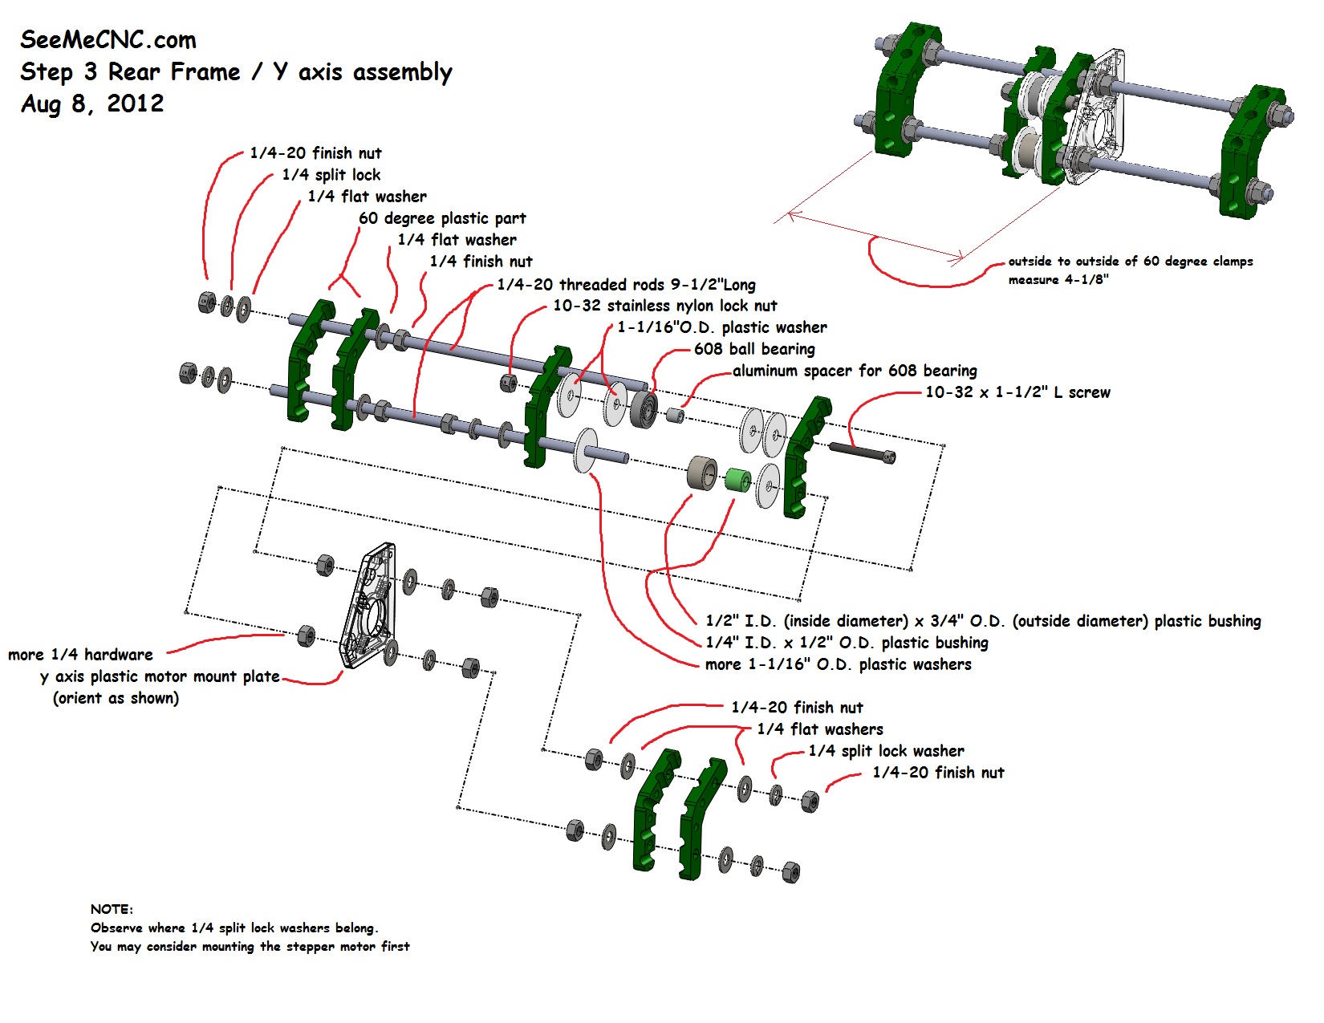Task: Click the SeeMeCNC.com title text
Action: pyautogui.click(x=108, y=40)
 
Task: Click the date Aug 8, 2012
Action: pyautogui.click(x=92, y=104)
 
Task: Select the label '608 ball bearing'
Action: pyautogui.click(x=754, y=349)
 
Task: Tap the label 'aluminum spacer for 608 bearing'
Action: pyautogui.click(x=855, y=371)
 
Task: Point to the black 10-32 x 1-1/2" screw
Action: pyautogui.click(x=861, y=452)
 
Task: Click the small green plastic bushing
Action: pyautogui.click(x=737, y=480)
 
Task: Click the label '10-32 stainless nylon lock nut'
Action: pyautogui.click(x=664, y=306)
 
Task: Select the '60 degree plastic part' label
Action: pyautogui.click(x=442, y=218)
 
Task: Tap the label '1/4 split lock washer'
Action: pyautogui.click(x=886, y=751)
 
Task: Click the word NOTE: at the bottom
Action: pyautogui.click(x=112, y=909)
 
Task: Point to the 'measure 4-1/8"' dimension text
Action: pyautogui.click(x=1058, y=279)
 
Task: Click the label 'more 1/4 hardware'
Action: pyautogui.click(x=80, y=655)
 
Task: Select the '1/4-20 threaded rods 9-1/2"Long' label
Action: pyautogui.click(x=626, y=285)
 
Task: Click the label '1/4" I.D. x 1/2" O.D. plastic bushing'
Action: pyautogui.click(x=847, y=643)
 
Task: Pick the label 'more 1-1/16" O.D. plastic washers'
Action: pyautogui.click(x=838, y=664)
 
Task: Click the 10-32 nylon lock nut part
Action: pyautogui.click(x=508, y=383)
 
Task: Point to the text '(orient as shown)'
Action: pyautogui.click(x=116, y=698)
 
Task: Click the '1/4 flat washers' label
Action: pyautogui.click(x=820, y=729)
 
